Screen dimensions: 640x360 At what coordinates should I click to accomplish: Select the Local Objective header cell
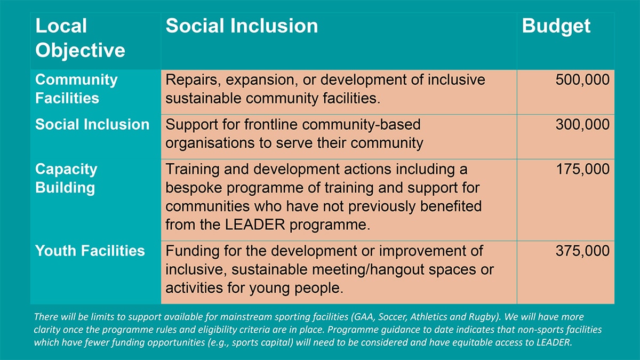pos(80,38)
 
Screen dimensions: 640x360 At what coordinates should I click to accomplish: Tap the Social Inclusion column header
pos(242,26)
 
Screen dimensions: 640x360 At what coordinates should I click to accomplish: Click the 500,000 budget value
pos(582,79)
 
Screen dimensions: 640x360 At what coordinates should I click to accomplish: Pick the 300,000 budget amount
pos(582,125)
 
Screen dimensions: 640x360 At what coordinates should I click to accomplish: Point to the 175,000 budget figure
pos(582,169)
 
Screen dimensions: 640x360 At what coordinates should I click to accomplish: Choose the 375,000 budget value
pos(582,251)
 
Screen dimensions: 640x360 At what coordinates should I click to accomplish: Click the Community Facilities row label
pos(76,89)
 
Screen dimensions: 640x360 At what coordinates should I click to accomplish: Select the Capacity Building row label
pos(66,178)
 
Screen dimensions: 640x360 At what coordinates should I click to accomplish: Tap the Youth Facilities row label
pos(90,251)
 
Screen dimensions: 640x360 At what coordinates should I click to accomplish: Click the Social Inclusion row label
pos(92,125)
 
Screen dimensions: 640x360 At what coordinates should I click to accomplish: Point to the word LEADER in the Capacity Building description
pos(255,225)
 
